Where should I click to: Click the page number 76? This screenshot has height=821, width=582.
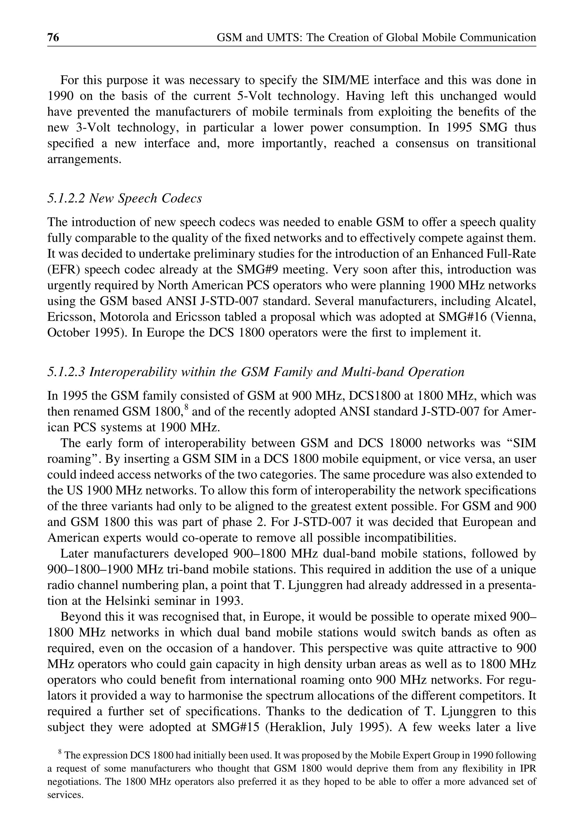[53, 37]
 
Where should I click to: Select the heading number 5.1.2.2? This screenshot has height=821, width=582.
[66, 198]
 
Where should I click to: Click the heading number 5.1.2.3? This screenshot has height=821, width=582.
[66, 372]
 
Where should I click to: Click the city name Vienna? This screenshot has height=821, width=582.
[514, 317]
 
